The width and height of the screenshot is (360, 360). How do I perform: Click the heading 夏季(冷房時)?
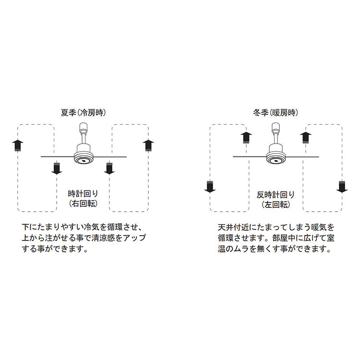click(84, 113)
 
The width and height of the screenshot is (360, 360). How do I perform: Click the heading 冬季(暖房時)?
click(276, 113)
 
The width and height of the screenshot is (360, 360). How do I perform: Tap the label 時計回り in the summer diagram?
click(83, 193)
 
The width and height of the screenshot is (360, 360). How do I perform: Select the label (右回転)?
click(83, 204)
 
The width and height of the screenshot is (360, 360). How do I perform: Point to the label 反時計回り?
click(276, 195)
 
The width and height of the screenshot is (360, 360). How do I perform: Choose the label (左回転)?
click(276, 204)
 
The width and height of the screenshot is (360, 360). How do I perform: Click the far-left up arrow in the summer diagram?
click(18, 146)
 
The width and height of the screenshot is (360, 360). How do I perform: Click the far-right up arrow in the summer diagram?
click(148, 146)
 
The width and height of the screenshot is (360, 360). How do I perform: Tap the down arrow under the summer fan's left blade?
click(57, 168)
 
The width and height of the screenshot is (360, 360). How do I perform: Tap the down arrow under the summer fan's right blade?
click(109, 168)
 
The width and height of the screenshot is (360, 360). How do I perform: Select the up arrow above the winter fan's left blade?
click(246, 138)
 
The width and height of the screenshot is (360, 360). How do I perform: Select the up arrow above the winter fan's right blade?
click(306, 138)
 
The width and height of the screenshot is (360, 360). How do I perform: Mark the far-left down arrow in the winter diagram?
click(210, 187)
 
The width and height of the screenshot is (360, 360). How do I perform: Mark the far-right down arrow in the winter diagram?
click(342, 187)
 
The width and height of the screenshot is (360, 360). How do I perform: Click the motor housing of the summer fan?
click(84, 154)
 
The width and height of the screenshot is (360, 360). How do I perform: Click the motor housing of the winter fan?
click(276, 154)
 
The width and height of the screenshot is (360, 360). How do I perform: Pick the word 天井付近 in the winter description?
click(233, 228)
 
